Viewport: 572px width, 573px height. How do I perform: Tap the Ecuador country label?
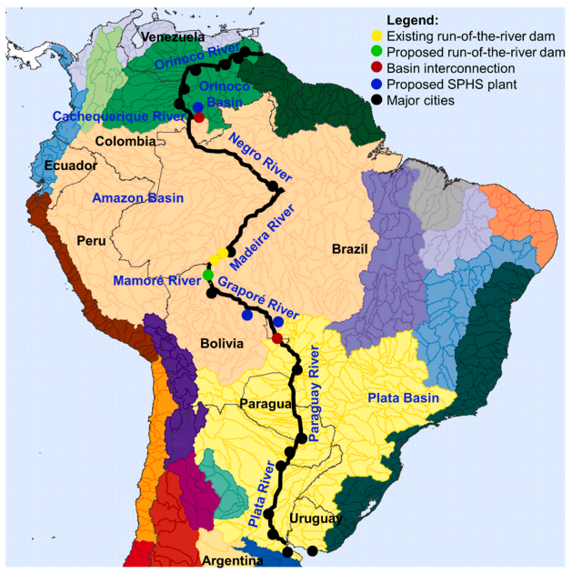coord(70,166)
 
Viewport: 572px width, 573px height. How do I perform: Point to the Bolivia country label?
coord(221,343)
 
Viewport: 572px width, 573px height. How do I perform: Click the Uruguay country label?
coord(314,518)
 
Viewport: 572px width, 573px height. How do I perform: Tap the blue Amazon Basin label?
coord(138,197)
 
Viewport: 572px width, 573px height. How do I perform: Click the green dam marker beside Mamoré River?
coord(208,275)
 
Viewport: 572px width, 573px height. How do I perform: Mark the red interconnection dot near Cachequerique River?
coord(199,117)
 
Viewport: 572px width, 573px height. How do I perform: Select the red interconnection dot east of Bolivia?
coord(277,338)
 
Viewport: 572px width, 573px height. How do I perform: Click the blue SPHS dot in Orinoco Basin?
coord(197,107)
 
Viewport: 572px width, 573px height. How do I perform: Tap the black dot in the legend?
coord(377,100)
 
